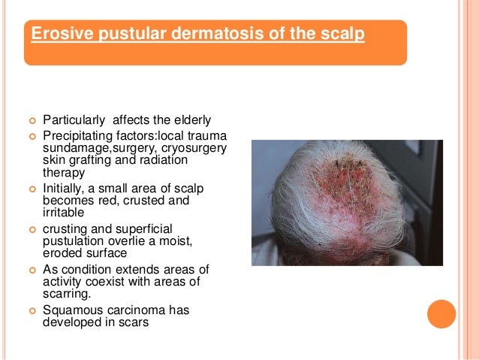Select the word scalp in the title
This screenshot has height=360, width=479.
point(345,35)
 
